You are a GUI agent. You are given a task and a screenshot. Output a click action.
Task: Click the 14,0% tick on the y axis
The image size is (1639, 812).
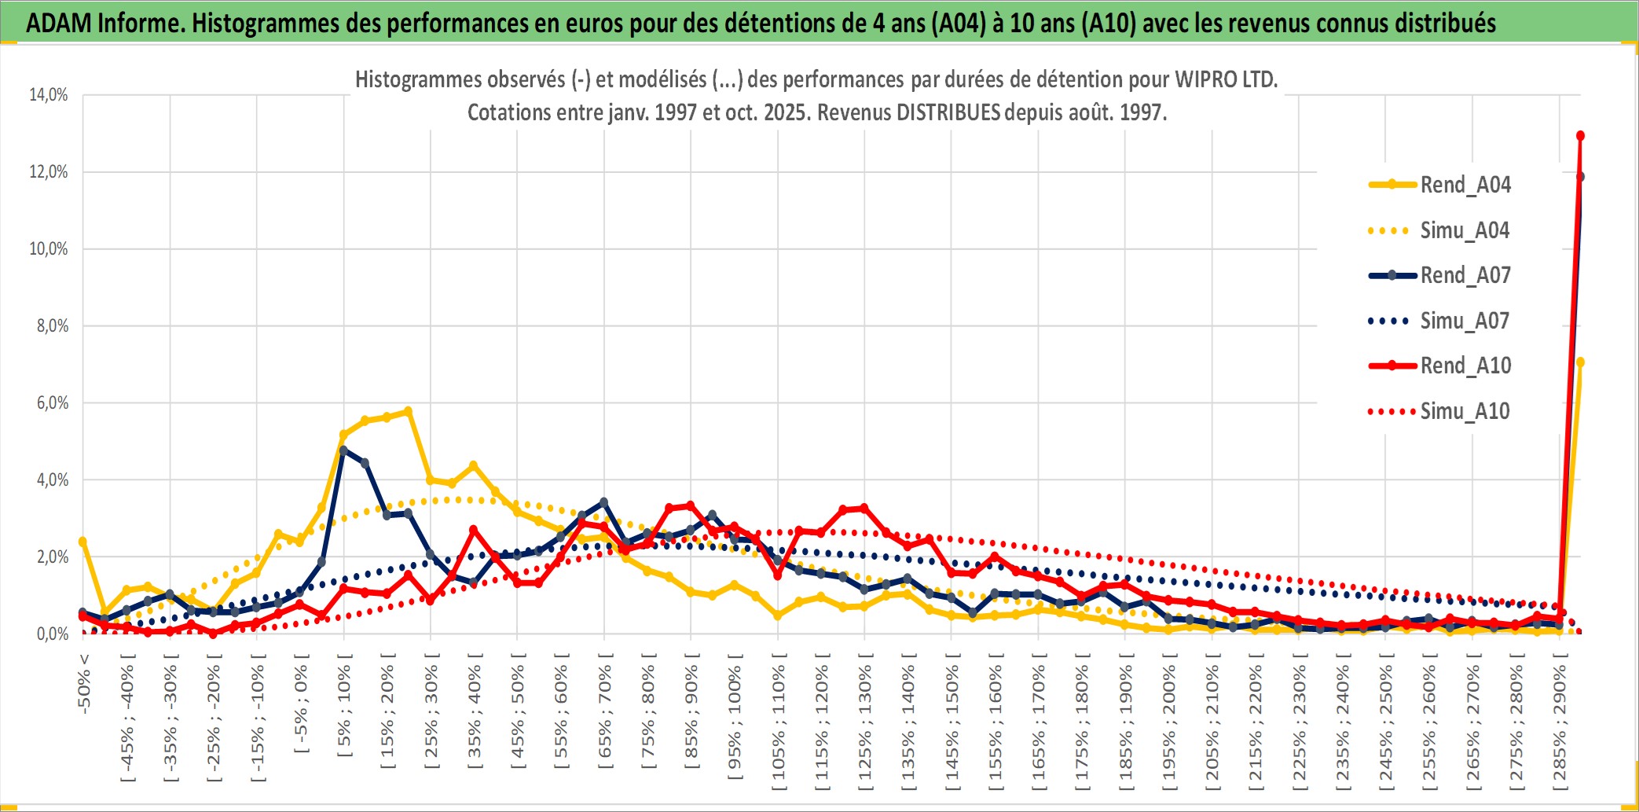(x=49, y=95)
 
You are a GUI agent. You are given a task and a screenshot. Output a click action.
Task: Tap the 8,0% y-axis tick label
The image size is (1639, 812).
(x=52, y=326)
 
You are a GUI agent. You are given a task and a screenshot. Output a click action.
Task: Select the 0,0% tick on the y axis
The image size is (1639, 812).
(x=52, y=634)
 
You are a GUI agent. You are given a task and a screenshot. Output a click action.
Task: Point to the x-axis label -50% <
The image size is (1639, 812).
(x=84, y=683)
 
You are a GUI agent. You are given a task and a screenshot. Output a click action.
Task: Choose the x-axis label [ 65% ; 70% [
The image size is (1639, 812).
(x=604, y=712)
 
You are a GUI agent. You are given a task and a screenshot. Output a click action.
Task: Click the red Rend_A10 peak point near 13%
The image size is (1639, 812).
(x=1580, y=136)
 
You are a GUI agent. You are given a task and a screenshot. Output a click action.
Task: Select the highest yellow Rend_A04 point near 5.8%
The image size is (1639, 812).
(x=408, y=411)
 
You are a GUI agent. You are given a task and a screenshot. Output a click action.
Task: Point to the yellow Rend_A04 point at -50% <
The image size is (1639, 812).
(x=82, y=542)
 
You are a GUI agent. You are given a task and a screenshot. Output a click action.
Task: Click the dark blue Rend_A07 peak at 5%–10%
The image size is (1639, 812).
(x=343, y=450)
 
